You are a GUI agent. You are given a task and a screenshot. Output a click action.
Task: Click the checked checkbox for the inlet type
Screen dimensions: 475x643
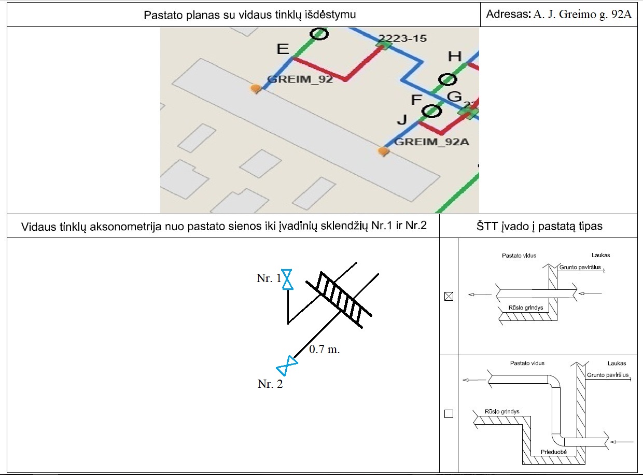click(x=449, y=297)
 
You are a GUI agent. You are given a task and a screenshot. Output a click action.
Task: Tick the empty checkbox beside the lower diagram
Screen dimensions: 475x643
click(x=449, y=414)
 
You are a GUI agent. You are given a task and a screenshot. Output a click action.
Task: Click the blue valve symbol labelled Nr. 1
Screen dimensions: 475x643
click(x=287, y=280)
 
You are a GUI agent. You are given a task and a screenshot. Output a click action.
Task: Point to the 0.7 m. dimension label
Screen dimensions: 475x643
click(x=325, y=350)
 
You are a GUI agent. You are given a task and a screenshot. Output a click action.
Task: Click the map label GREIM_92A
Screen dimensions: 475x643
click(x=432, y=142)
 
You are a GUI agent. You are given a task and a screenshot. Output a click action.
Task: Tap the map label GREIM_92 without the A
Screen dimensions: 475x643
click(x=300, y=79)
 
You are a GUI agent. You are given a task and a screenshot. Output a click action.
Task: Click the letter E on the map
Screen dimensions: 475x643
click(x=283, y=49)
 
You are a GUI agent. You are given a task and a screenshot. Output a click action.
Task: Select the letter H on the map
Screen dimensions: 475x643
click(x=454, y=57)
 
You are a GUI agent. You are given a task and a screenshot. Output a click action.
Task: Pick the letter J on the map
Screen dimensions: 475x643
click(x=402, y=120)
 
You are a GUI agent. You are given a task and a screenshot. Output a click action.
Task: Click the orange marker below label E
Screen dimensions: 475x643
click(x=255, y=89)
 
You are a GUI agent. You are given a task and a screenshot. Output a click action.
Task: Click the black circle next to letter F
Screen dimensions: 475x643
click(x=431, y=111)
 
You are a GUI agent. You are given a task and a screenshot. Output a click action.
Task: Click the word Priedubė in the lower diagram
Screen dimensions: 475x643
click(x=554, y=452)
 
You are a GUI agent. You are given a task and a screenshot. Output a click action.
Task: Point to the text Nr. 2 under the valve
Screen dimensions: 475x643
click(x=270, y=384)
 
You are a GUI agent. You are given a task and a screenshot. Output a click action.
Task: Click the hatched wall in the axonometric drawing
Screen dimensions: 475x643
click(x=340, y=299)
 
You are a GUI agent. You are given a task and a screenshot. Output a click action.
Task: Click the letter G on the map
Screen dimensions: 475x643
click(x=454, y=96)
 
